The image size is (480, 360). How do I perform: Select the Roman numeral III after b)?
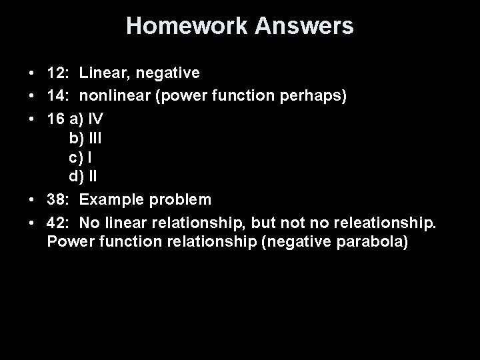click(x=95, y=139)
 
